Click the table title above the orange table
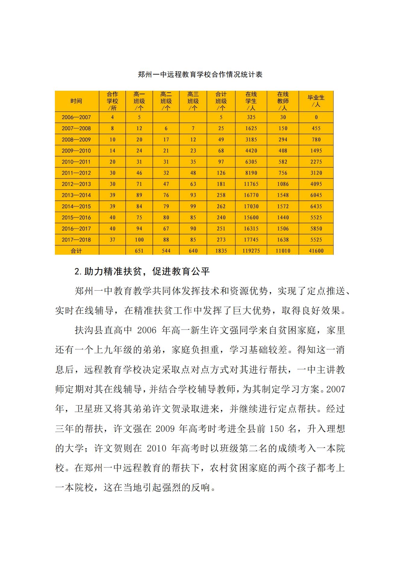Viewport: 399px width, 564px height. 200,74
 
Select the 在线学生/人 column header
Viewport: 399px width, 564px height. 251,101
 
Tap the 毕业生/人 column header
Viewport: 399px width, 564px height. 316,101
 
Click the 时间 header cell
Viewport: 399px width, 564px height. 76,101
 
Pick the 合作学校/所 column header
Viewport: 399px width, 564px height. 112,101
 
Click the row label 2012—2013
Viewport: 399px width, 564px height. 76,184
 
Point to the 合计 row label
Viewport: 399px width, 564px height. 76,251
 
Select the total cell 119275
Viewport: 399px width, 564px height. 251,251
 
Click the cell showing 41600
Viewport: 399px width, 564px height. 316,251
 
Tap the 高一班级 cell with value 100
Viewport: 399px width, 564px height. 139,240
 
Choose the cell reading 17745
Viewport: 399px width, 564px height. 251,240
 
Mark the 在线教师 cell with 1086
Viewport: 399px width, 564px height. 283,184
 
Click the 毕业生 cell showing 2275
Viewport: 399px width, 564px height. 316,162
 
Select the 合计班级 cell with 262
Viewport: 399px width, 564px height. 221,206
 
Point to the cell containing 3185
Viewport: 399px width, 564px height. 251,140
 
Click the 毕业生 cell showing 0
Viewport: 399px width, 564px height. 316,117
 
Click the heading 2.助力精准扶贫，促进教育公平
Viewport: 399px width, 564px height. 142,272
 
